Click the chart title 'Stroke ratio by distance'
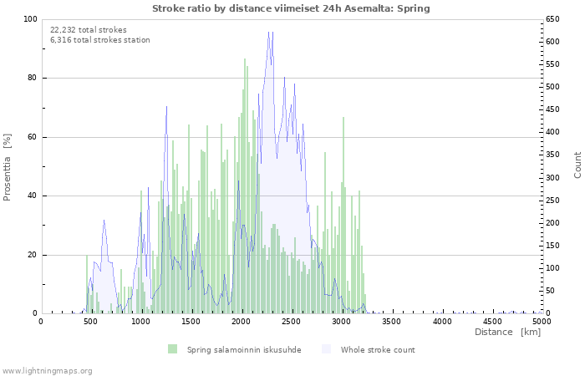(x=292, y=8)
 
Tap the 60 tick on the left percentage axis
(x=32, y=137)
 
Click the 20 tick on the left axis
(x=32, y=255)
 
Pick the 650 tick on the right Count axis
(x=553, y=19)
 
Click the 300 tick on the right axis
(x=553, y=178)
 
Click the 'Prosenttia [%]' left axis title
(x=8, y=166)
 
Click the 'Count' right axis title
(x=577, y=165)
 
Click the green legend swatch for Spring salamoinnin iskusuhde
(x=173, y=349)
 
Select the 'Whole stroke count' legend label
(x=377, y=349)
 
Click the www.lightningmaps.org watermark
(x=47, y=370)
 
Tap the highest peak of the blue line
(x=269, y=32)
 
